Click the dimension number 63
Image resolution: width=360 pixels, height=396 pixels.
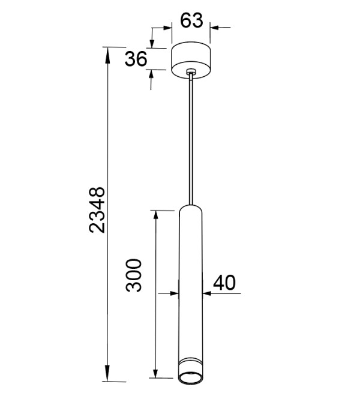(191, 20)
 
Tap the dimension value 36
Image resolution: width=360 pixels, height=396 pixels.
(136, 59)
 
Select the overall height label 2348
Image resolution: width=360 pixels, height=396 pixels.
(97, 209)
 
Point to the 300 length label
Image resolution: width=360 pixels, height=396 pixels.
(134, 275)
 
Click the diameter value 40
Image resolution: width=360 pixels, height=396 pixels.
(224, 283)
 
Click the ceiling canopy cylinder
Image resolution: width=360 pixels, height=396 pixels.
(191, 60)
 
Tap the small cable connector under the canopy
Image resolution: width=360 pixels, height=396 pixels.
(191, 72)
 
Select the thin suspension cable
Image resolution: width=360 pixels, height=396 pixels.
(191, 140)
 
